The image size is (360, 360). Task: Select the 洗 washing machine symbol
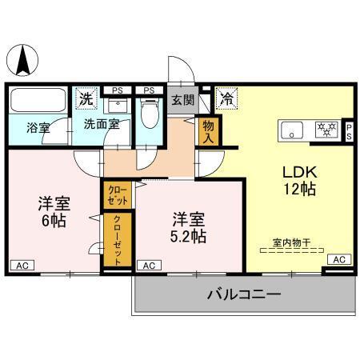point(86,99)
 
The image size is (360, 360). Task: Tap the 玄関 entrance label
point(182,100)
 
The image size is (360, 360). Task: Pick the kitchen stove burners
point(326,128)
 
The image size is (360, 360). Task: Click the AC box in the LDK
point(339,259)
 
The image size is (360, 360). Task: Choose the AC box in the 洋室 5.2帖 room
point(148,265)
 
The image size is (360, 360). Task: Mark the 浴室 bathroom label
point(37,126)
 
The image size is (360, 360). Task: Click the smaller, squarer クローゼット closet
point(116,194)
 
